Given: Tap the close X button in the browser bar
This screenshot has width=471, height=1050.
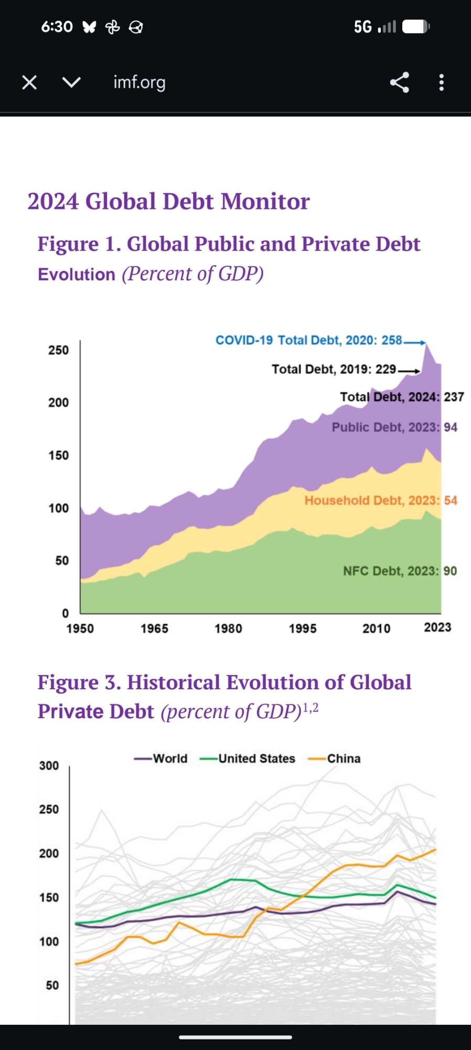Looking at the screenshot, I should [29, 82].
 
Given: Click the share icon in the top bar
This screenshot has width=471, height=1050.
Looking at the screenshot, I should [399, 82].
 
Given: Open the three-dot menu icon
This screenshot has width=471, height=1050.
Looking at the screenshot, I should [442, 82].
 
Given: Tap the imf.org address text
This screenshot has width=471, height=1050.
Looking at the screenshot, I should [140, 82].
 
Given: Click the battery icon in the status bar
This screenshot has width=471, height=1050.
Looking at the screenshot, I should [416, 27].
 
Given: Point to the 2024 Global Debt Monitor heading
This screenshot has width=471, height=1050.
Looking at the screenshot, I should [168, 202].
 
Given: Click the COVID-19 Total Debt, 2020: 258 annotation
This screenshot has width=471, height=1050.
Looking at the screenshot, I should [309, 340].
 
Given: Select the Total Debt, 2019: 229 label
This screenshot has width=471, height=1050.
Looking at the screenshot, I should [334, 370].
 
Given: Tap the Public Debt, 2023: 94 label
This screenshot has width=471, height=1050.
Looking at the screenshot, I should [394, 427].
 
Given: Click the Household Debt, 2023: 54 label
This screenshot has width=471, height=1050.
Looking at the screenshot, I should [381, 500].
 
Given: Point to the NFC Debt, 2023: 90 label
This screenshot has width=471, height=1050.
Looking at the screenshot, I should [400, 571].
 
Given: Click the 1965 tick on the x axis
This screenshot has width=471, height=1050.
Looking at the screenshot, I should [154, 628].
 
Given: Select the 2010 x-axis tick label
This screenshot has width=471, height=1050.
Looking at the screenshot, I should [377, 628].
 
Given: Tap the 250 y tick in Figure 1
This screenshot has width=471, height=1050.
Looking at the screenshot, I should [58, 350].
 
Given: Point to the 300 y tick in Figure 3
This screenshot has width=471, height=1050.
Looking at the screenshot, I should [49, 765].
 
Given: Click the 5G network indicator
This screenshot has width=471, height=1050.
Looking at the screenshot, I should [362, 27].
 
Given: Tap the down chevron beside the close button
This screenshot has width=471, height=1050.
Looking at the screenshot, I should [71, 82].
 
